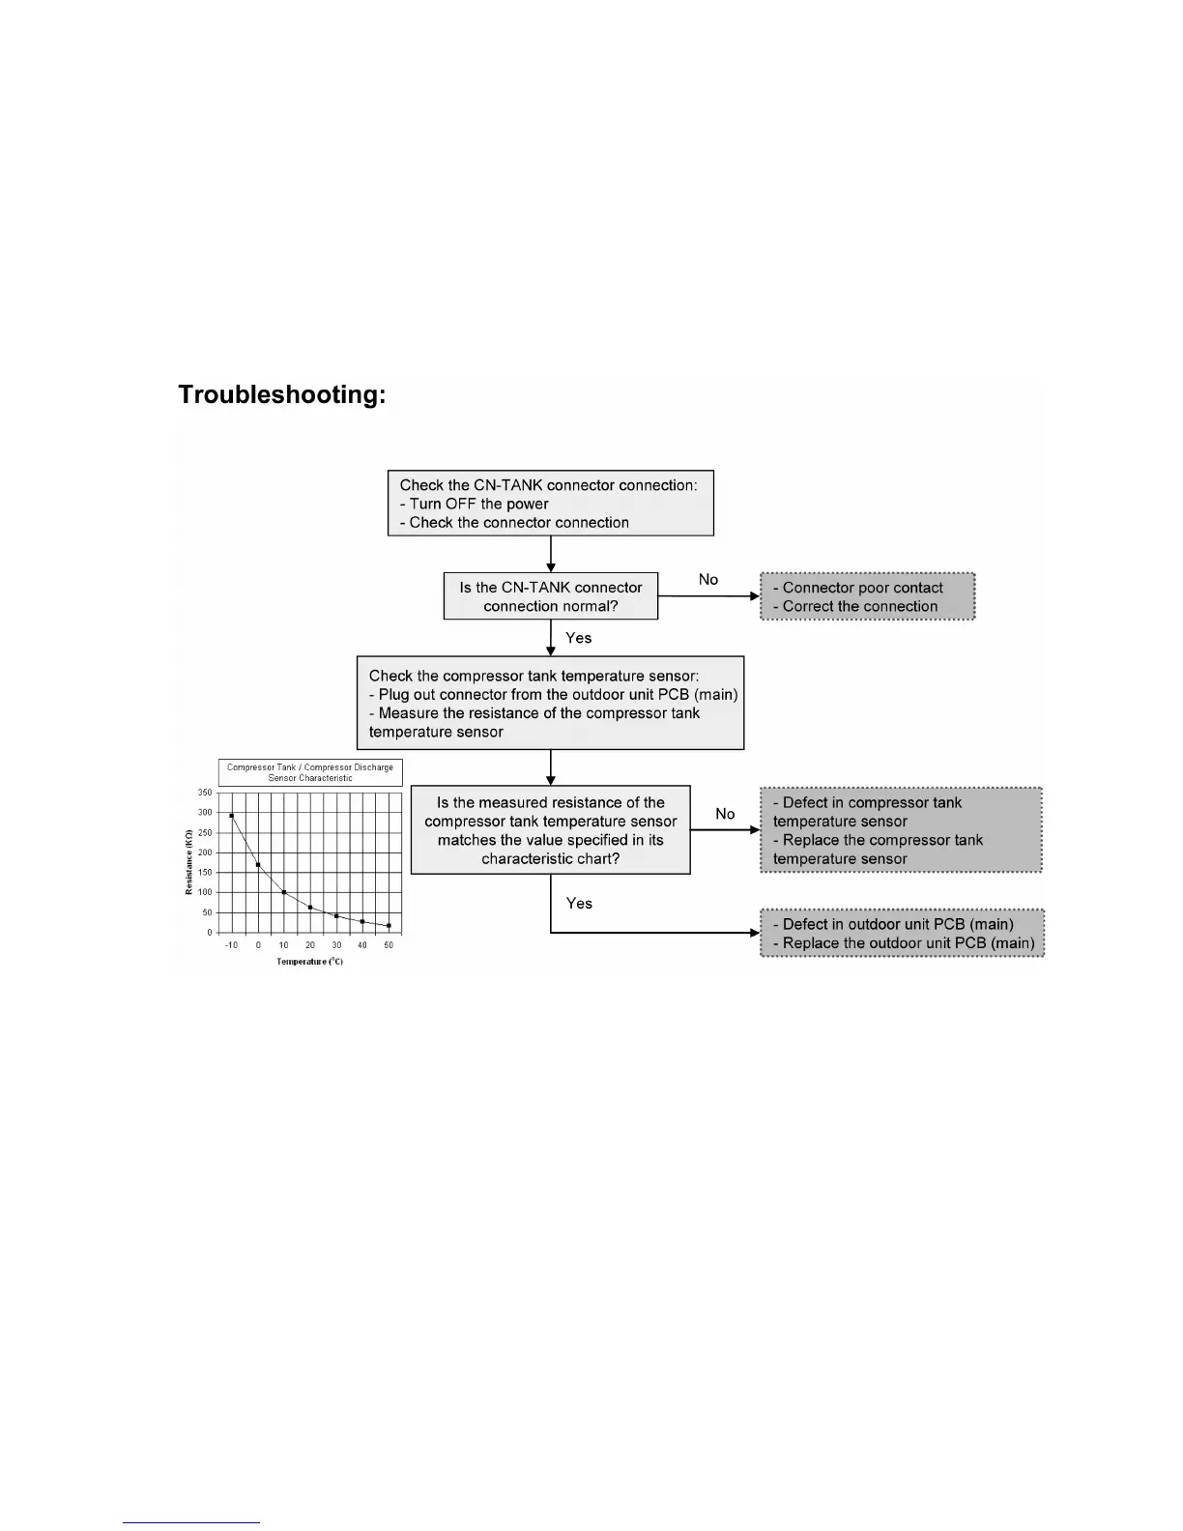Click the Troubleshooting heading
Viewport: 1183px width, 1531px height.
tap(282, 394)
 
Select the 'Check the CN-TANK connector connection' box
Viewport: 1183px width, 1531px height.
tap(550, 504)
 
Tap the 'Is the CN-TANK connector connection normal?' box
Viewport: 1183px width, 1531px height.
tap(550, 596)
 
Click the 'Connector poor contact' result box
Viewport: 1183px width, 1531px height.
tap(867, 596)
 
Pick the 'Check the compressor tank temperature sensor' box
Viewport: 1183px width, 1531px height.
tap(550, 703)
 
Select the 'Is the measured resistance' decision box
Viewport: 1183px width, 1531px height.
tap(550, 830)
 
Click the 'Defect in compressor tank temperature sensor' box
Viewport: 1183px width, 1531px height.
tap(901, 830)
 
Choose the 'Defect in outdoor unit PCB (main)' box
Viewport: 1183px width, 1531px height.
tap(902, 933)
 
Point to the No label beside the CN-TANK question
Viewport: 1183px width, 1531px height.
tap(708, 579)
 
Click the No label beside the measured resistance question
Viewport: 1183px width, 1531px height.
tap(725, 814)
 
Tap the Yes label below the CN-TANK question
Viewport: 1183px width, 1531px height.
tap(578, 638)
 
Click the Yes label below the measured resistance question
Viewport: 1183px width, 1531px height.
tap(579, 903)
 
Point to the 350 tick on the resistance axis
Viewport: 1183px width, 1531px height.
tap(205, 793)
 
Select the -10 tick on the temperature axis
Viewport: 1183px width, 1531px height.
tap(231, 945)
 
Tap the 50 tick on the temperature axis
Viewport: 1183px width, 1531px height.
tap(389, 945)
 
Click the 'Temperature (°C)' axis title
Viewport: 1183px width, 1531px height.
tap(309, 962)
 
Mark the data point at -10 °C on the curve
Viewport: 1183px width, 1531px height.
tap(232, 816)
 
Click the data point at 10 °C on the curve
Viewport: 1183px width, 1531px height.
tap(284, 892)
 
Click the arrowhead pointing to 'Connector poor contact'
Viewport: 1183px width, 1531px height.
tap(755, 596)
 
